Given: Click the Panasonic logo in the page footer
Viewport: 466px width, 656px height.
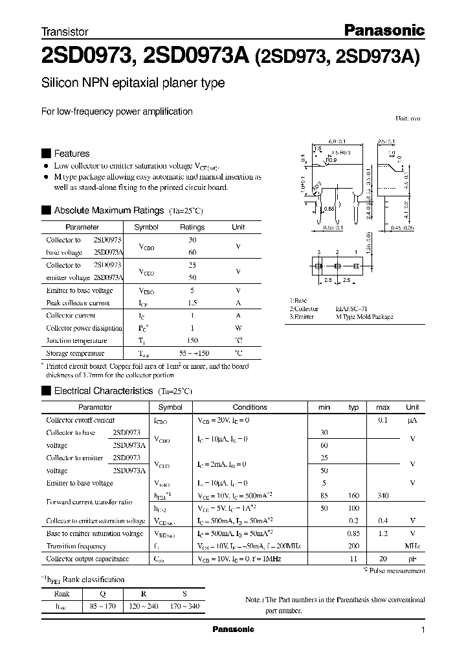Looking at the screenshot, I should pyautogui.click(x=234, y=629).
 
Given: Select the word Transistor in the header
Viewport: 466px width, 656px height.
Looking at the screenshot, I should pyautogui.click(x=65, y=31).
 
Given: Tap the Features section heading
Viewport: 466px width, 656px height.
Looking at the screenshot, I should pyautogui.click(x=71, y=154).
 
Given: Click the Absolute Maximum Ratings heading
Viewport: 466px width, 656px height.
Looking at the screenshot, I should pyautogui.click(x=108, y=211).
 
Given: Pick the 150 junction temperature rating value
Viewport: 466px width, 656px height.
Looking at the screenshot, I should pyautogui.click(x=192, y=341).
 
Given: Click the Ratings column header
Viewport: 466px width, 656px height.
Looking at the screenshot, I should pyautogui.click(x=192, y=228).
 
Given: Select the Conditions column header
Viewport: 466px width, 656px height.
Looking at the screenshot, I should pyautogui.click(x=250, y=407).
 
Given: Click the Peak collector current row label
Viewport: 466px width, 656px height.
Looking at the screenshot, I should pyautogui.click(x=78, y=303).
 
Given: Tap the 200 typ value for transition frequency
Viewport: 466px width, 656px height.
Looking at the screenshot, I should pyautogui.click(x=353, y=546).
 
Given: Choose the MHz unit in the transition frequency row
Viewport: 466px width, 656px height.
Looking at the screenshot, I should pyautogui.click(x=412, y=546).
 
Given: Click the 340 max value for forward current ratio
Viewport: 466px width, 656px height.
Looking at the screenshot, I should pyautogui.click(x=383, y=496).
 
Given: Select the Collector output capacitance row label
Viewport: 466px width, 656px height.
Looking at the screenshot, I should pyautogui.click(x=87, y=559).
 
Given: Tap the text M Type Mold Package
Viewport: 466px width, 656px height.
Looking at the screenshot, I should pyautogui.click(x=364, y=317).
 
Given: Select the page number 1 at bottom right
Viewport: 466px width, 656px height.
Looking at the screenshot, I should pyautogui.click(x=423, y=630).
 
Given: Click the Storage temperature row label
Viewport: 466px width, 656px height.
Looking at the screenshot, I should pyautogui.click(x=75, y=353).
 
